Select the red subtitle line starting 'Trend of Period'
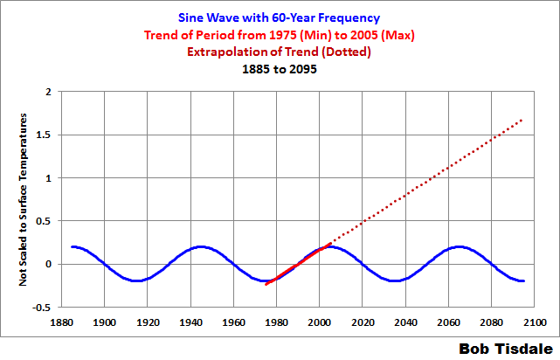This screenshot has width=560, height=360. (280, 36)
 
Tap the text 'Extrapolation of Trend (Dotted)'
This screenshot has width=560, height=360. (280, 53)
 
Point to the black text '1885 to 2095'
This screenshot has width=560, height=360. (280, 71)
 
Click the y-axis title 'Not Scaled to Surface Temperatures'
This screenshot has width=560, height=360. (24, 198)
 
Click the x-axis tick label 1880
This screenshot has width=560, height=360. (61, 321)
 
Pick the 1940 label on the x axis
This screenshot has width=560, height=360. (190, 321)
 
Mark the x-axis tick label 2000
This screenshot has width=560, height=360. (320, 321)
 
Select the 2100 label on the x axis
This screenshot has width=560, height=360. (536, 321)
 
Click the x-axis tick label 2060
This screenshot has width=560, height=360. (449, 321)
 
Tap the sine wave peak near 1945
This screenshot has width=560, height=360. (201, 246)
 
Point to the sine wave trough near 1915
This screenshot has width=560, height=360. (136, 280)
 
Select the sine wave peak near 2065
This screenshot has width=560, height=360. (460, 246)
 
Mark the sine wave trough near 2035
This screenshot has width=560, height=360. (395, 280)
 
